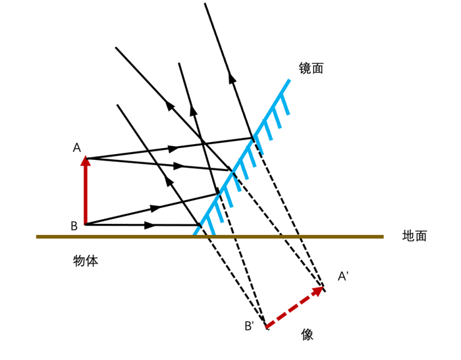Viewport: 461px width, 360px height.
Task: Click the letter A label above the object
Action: (x=77, y=147)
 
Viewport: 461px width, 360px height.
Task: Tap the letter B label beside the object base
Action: (x=74, y=226)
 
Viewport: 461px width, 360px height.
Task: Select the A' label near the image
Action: (x=343, y=276)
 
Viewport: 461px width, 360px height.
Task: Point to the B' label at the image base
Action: (x=250, y=326)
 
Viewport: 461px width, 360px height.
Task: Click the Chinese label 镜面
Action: (x=311, y=68)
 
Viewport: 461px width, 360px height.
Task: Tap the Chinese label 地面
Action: (x=414, y=236)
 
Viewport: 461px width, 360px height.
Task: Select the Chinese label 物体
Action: (x=86, y=261)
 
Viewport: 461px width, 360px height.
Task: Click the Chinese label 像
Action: (x=308, y=334)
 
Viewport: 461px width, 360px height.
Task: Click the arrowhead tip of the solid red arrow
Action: (x=86, y=156)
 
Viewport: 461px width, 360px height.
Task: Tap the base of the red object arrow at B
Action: (x=86, y=224)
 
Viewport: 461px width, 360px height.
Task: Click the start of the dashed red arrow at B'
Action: (x=266, y=326)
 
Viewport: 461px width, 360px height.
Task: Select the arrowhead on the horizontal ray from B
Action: (x=150, y=225)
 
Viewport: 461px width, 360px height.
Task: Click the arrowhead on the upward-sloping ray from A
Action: (x=173, y=149)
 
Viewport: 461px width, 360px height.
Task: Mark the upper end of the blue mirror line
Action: (x=289, y=80)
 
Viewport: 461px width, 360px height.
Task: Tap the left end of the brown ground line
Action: (x=37, y=236)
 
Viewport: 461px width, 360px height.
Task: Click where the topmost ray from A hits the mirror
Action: (x=252, y=138)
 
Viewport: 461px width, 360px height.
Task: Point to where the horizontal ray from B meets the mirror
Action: (x=200, y=225)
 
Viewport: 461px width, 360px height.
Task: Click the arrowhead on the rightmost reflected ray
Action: (x=232, y=78)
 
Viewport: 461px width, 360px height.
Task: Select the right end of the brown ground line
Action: (x=383, y=236)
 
